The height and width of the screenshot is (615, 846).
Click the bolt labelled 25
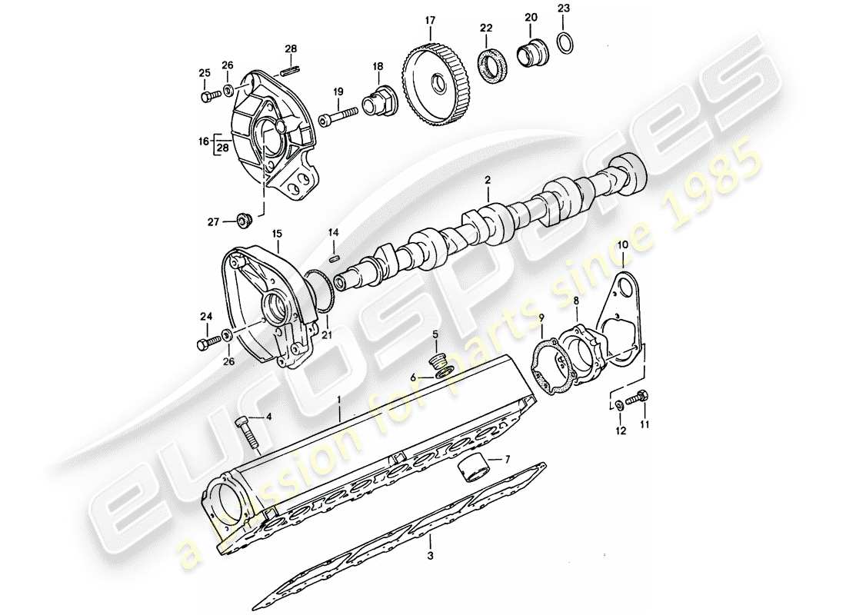click(208, 97)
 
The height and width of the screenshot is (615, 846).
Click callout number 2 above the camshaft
click(487, 181)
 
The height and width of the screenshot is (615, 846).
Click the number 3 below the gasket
click(431, 555)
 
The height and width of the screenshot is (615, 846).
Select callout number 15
click(276, 233)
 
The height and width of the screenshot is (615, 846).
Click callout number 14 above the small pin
click(333, 232)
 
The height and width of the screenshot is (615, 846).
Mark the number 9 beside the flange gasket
click(541, 317)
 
